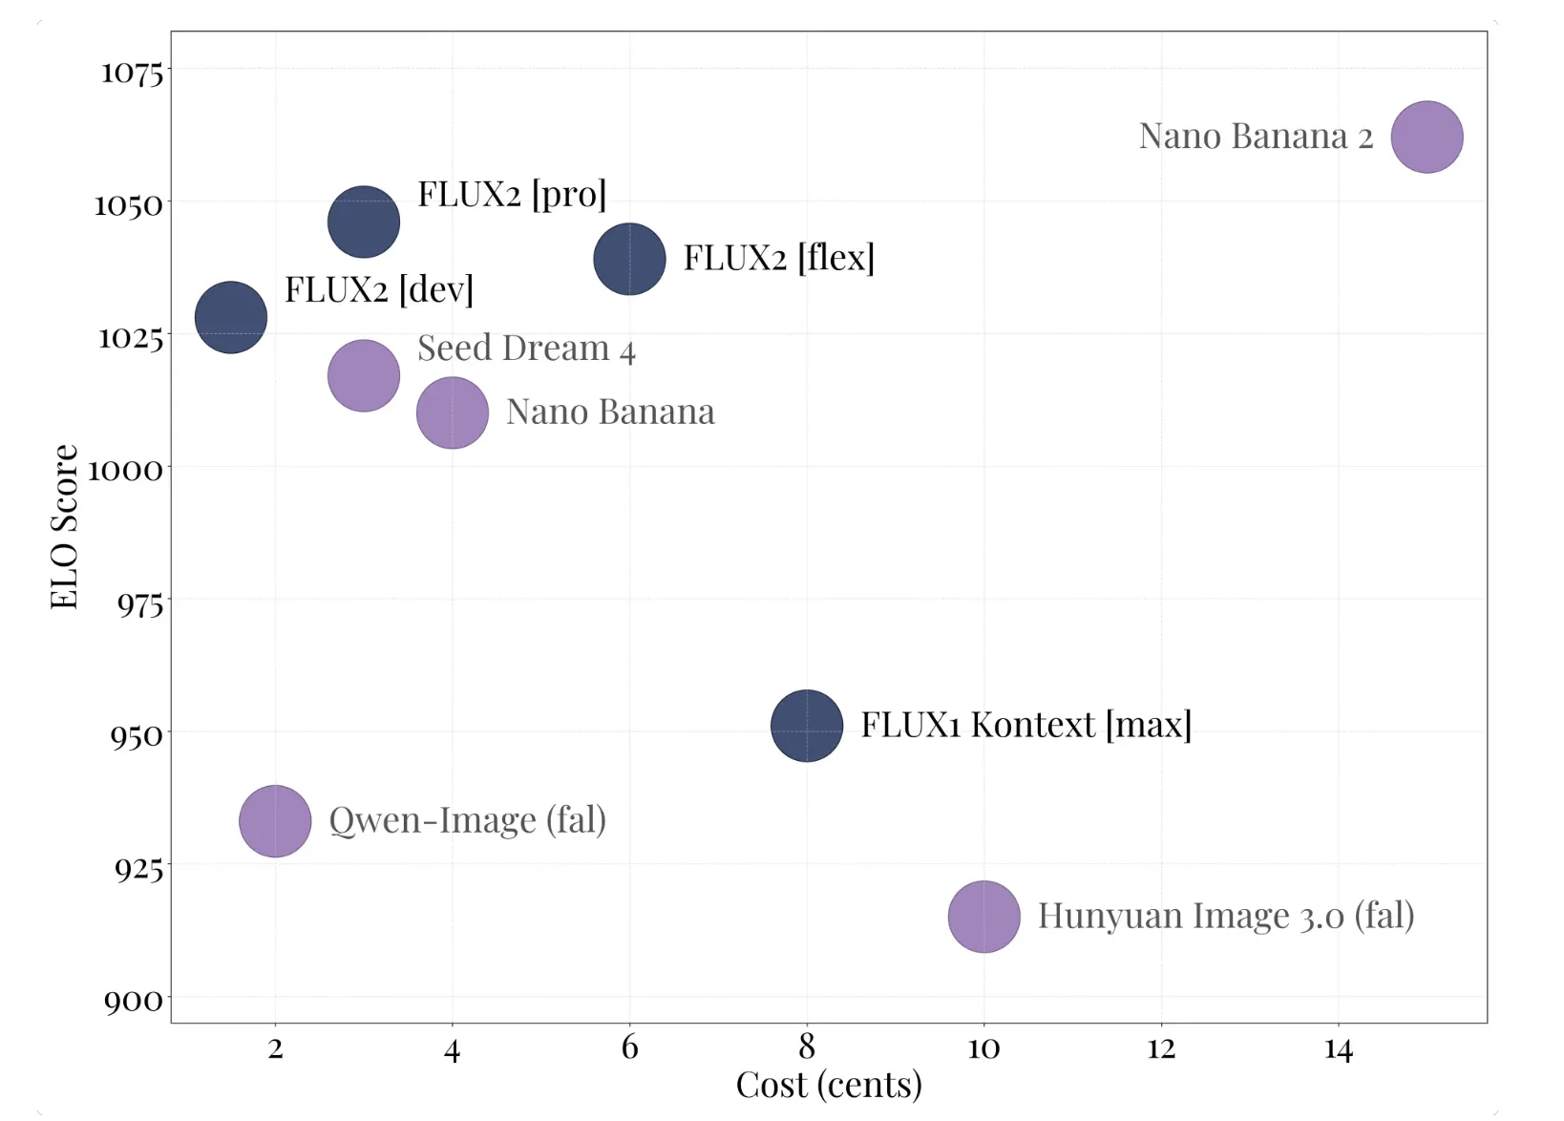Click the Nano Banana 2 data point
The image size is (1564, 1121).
pyautogui.click(x=1427, y=137)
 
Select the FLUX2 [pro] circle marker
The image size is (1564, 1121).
pyautogui.click(x=364, y=222)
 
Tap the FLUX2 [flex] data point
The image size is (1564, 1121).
pyautogui.click(x=629, y=259)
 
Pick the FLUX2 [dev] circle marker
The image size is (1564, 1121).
pyautogui.click(x=231, y=317)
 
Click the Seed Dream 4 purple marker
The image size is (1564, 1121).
pyautogui.click(x=364, y=375)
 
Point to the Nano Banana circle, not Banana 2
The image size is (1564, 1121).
pyautogui.click(x=453, y=412)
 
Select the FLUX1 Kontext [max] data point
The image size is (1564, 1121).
pyautogui.click(x=807, y=726)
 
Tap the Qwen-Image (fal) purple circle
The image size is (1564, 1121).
pyautogui.click(x=275, y=821)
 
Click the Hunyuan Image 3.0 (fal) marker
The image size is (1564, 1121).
pyautogui.click(x=983, y=917)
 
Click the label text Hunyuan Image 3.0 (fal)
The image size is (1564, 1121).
pyautogui.click(x=1225, y=916)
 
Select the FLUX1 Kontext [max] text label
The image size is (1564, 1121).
pyautogui.click(x=1025, y=725)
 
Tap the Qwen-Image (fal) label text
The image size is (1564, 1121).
pyautogui.click(x=467, y=820)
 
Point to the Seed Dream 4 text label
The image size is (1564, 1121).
pyautogui.click(x=526, y=349)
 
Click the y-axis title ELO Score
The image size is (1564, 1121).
pyautogui.click(x=64, y=526)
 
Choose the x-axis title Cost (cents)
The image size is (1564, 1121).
pyautogui.click(x=829, y=1086)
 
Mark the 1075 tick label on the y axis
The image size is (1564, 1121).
pyautogui.click(x=133, y=72)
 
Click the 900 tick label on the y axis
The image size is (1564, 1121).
pyautogui.click(x=134, y=1001)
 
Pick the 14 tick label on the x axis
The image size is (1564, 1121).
pyautogui.click(x=1338, y=1049)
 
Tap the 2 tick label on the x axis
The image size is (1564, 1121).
pyautogui.click(x=275, y=1049)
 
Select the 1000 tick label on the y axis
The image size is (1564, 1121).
pyautogui.click(x=126, y=470)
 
